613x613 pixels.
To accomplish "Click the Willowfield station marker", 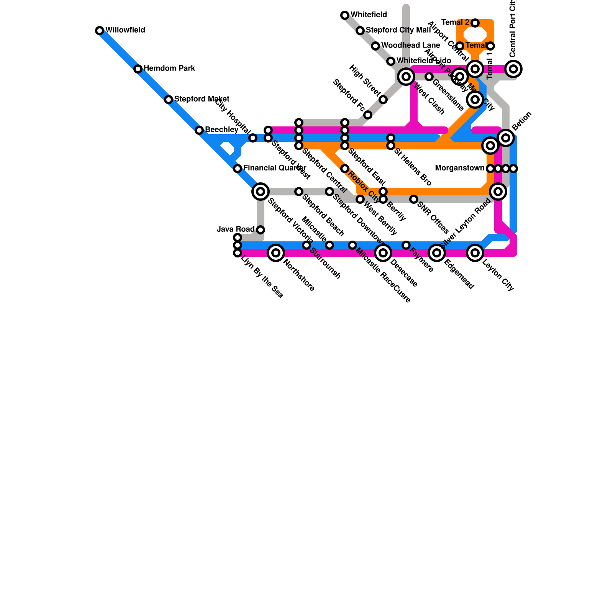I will (100, 31).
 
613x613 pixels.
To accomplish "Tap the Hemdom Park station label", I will (169, 69).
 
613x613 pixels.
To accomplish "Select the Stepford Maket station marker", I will (169, 100).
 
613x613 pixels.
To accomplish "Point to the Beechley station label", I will (221, 130).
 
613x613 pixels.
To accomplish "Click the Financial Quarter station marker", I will (238, 169).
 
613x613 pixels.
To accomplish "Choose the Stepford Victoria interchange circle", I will (261, 191).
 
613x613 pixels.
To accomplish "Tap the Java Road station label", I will (236, 229).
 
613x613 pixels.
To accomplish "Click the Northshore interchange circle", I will (276, 253).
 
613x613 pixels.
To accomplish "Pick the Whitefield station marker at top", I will (345, 15).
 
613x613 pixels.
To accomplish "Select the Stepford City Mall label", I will (398, 30).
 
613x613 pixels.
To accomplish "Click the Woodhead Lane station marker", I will (375, 46).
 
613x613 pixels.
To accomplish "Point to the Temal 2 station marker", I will (475, 23).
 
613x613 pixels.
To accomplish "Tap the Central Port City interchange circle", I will (514, 69).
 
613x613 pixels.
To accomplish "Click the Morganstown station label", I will (460, 168).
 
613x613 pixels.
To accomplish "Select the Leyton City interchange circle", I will (475, 253).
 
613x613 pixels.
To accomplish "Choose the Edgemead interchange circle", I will (437, 253).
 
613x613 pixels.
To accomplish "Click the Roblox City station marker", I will (345, 169).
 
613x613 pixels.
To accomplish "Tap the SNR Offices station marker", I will (414, 199).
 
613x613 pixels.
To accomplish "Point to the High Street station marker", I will (383, 100).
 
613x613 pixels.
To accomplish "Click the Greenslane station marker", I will (429, 77).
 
